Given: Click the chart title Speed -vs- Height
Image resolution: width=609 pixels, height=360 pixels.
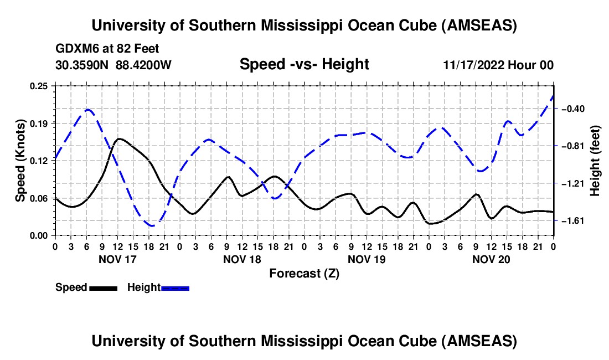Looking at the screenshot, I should tap(304, 65).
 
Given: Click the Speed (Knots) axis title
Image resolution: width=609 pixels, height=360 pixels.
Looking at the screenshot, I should tap(20, 161).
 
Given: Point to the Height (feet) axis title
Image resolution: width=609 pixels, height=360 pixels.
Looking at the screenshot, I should tap(596, 161).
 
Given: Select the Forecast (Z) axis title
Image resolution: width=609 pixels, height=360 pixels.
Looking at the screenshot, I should tap(304, 273).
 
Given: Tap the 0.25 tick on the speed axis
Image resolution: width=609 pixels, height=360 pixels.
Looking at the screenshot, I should tap(39, 86).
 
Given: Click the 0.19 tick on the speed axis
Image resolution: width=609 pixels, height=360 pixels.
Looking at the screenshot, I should tap(39, 123).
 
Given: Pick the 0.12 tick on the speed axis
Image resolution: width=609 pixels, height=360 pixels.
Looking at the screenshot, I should tap(39, 161).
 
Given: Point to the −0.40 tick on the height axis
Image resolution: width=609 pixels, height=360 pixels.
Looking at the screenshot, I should tap(575, 109).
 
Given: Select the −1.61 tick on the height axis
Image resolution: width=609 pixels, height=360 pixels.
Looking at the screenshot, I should tap(575, 221).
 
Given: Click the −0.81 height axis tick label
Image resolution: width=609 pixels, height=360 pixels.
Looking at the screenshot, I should tap(575, 146).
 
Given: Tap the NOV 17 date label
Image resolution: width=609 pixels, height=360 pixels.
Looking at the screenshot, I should tap(117, 259).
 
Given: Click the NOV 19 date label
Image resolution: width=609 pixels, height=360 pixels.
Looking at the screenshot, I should tap(367, 259).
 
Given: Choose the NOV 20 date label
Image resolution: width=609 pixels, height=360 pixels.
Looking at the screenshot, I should tap(491, 259).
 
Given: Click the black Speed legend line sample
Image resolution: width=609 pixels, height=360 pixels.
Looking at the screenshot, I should tap(103, 287).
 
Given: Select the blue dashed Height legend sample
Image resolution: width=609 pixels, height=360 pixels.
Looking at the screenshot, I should tap(176, 287).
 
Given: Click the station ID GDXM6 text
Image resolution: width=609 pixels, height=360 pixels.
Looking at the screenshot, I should tap(76, 49).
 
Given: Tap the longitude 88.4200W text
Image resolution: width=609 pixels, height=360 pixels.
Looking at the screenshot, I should tap(144, 65).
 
